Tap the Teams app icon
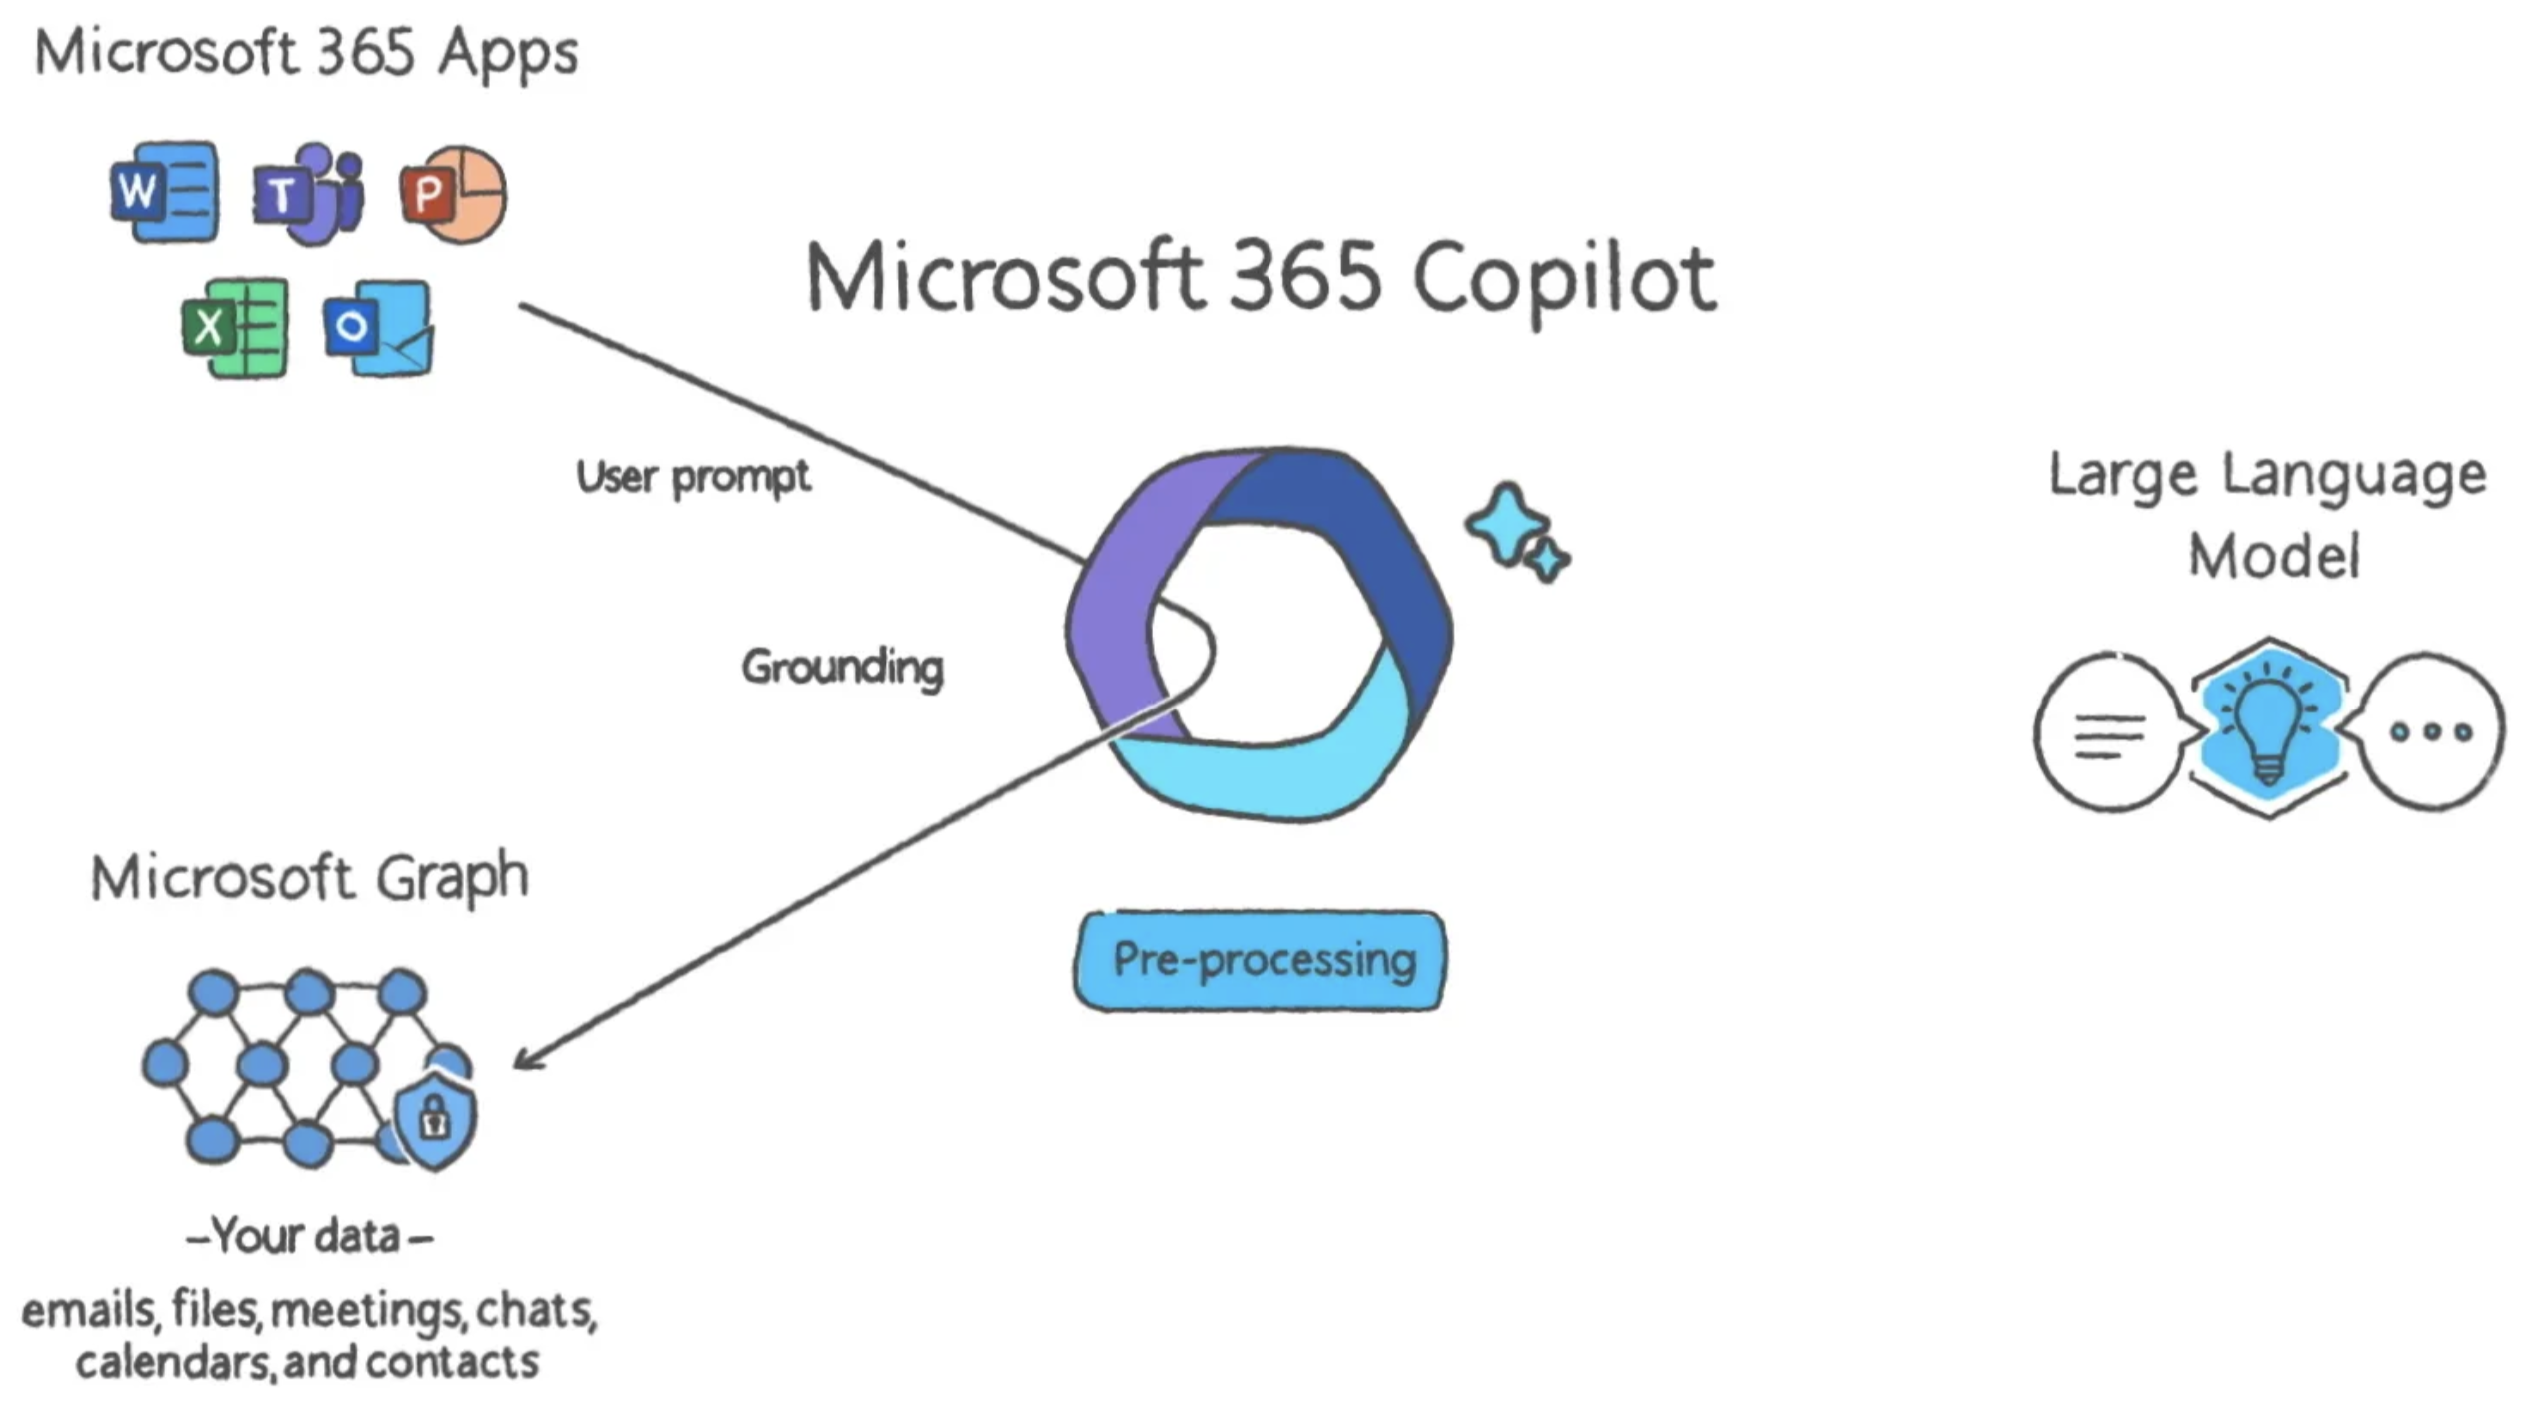click(308, 194)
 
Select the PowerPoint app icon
click(453, 194)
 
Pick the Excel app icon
click(236, 327)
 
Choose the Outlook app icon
click(379, 328)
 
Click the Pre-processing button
click(1261, 960)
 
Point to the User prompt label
click(693, 477)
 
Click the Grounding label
click(842, 667)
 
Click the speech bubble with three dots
click(2431, 732)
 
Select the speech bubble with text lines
click(2109, 732)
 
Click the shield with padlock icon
click(435, 1119)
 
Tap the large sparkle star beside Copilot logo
click(1507, 523)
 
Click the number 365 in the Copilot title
click(1304, 277)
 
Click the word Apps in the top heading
click(508, 53)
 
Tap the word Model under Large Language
click(2274, 556)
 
